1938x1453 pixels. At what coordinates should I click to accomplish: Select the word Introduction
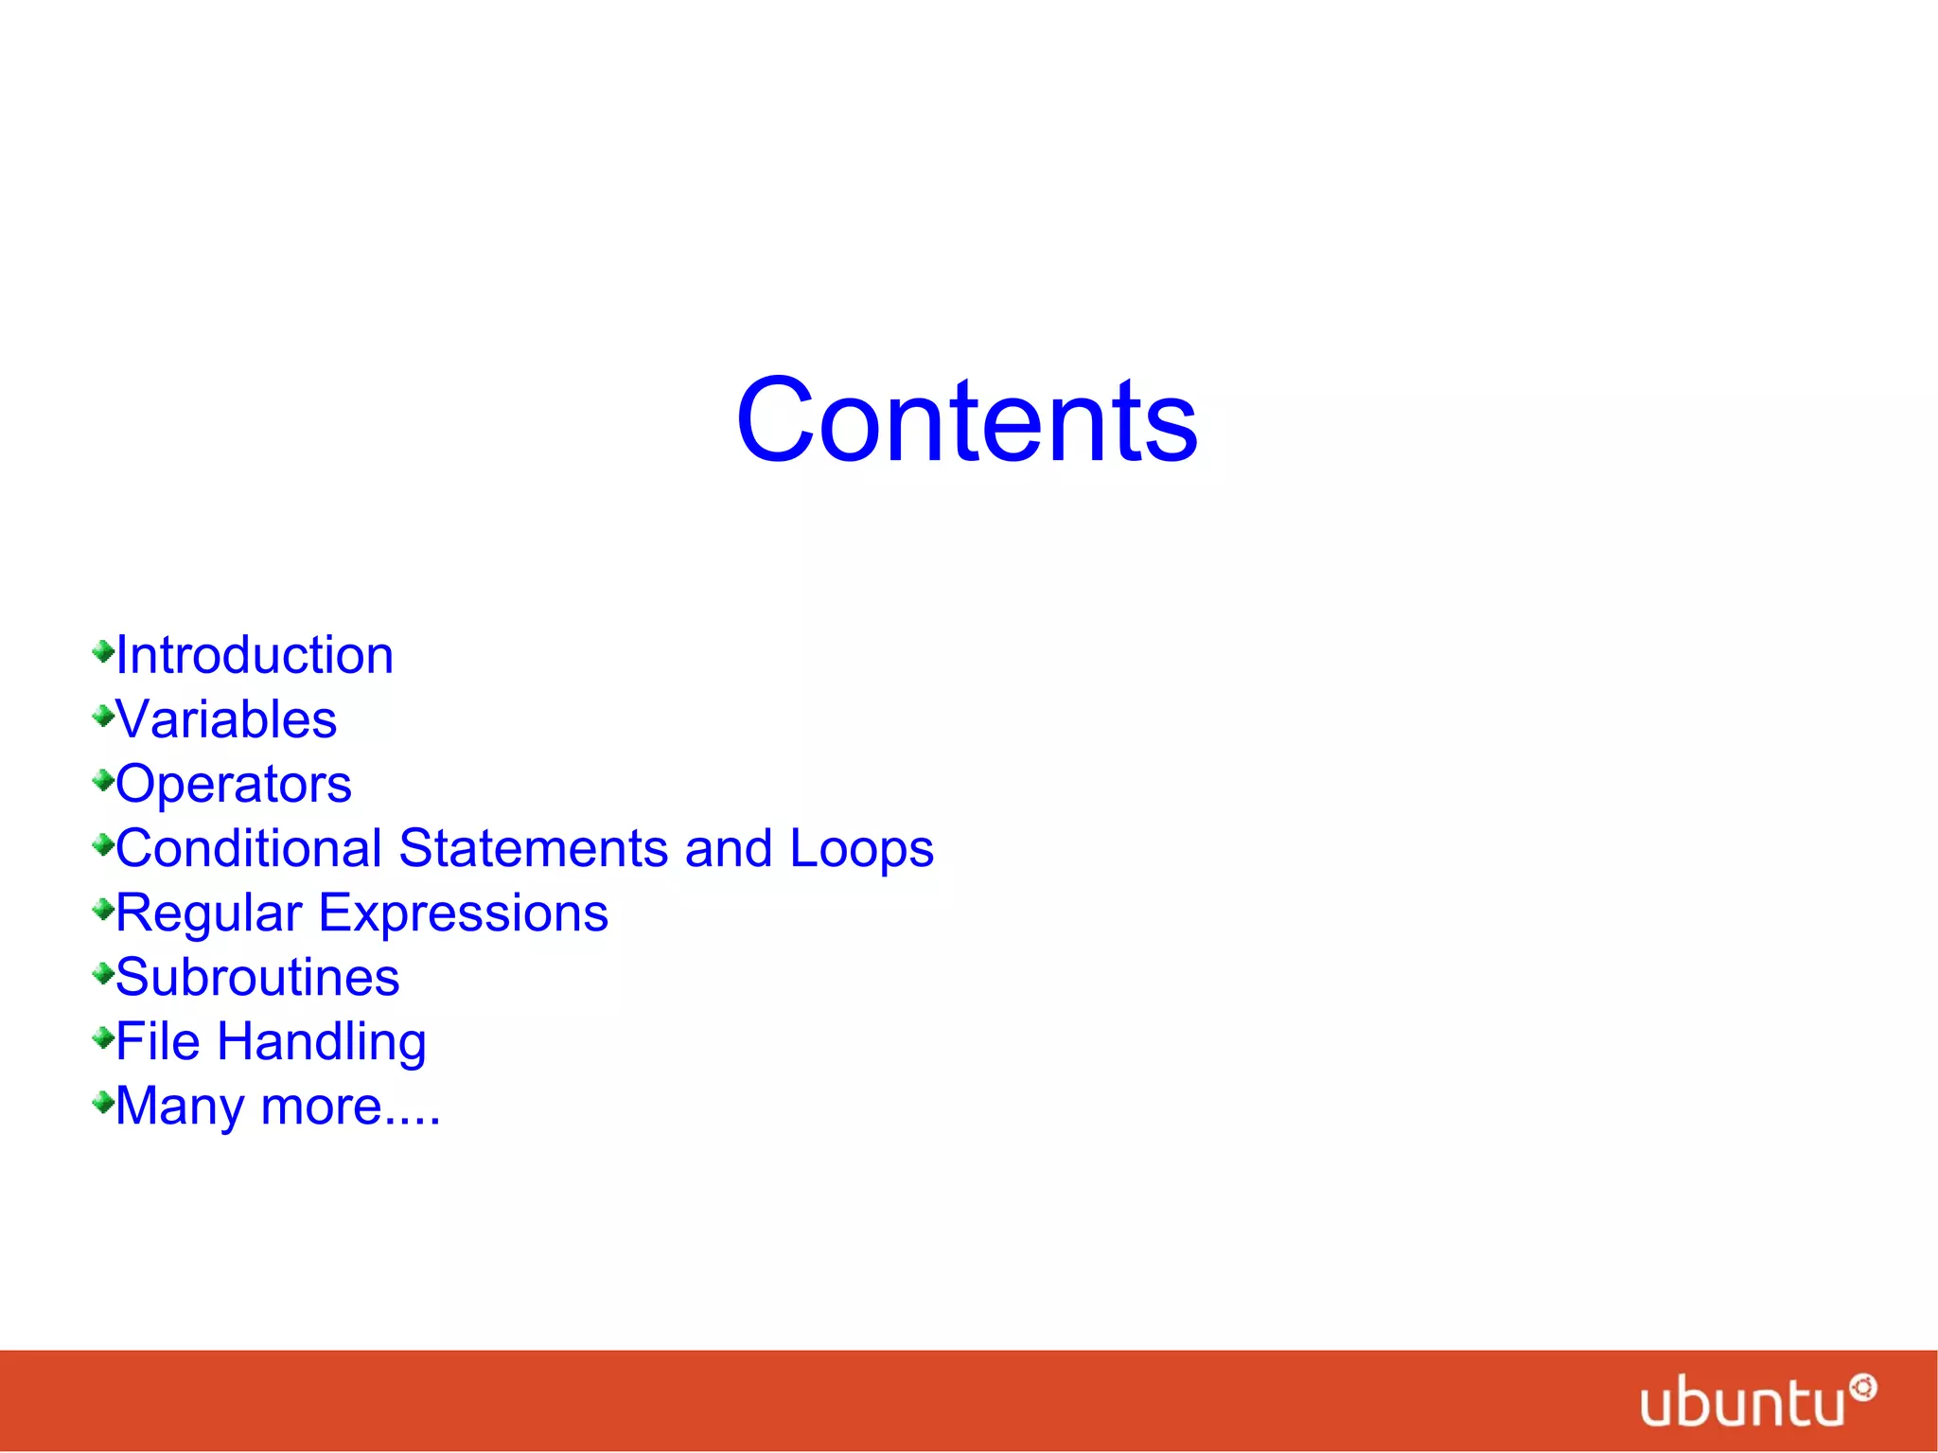click(255, 655)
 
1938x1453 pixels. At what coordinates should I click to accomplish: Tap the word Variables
click(226, 719)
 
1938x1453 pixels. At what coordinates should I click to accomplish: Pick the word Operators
click(234, 784)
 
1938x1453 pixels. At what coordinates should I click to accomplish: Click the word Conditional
click(249, 848)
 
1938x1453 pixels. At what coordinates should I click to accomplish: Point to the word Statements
click(534, 848)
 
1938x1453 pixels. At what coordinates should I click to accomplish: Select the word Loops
click(861, 850)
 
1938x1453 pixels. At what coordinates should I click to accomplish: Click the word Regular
click(209, 914)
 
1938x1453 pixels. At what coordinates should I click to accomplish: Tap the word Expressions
click(463, 914)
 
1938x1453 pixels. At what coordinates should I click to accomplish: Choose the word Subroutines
click(257, 977)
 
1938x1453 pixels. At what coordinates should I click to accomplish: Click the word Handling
click(322, 1043)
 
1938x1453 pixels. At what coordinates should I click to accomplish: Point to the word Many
click(180, 1107)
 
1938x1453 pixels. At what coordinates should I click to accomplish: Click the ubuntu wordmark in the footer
click(1742, 1403)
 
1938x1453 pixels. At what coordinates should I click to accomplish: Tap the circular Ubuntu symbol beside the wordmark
click(1863, 1388)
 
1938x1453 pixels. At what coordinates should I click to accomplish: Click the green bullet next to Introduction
click(103, 651)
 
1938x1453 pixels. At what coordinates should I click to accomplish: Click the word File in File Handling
click(158, 1041)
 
